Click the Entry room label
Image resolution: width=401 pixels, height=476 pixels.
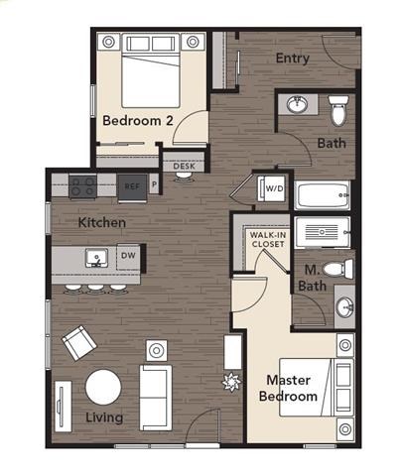click(x=293, y=59)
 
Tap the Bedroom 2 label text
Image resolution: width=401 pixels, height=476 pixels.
click(x=138, y=121)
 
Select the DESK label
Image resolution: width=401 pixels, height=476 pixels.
click(x=184, y=167)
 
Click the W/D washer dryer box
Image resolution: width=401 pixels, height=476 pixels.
click(x=272, y=186)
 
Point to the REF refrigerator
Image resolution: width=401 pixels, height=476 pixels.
click(x=132, y=185)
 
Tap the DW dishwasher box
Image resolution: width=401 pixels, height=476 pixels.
click(x=127, y=256)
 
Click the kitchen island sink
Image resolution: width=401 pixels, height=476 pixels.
click(x=96, y=259)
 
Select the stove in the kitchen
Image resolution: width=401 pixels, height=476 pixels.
click(x=83, y=184)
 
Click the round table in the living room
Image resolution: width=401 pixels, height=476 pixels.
click(x=103, y=386)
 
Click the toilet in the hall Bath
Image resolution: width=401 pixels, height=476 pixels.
click(x=338, y=109)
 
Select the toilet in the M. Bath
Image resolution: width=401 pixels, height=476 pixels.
click(x=338, y=270)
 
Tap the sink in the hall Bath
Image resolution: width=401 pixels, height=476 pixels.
click(x=297, y=103)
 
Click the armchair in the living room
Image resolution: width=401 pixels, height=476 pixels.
click(x=77, y=343)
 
